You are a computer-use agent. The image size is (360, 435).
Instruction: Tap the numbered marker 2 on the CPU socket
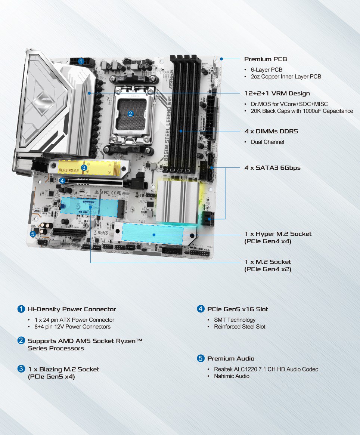coord(130,114)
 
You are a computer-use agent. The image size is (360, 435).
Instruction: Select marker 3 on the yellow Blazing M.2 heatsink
coord(84,168)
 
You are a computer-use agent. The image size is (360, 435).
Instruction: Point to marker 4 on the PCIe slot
coord(62,181)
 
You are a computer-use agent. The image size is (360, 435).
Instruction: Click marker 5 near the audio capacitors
coord(32,234)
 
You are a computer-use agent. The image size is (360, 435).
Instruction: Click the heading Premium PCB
coord(265,59)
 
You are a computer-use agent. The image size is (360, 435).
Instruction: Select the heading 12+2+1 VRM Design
coord(277,93)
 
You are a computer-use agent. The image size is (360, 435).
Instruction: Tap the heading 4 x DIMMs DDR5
coord(271,132)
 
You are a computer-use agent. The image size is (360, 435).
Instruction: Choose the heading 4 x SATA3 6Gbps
coord(272,168)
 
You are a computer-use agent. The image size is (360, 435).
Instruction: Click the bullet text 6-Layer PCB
coord(266,70)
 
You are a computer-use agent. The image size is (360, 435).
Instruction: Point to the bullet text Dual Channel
coord(267,142)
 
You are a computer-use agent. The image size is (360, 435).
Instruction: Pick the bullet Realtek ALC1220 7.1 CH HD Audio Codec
coord(266,369)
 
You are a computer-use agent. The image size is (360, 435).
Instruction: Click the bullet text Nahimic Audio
coord(232,376)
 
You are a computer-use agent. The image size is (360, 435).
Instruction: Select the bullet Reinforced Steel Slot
coord(239,327)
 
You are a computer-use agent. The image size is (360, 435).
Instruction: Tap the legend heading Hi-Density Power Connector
coord(72,309)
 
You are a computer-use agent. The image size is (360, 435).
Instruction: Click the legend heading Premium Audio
coord(231,358)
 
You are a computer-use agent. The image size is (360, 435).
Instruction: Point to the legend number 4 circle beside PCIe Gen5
coord(201,309)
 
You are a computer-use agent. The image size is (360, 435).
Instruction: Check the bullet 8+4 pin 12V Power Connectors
coord(72,327)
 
